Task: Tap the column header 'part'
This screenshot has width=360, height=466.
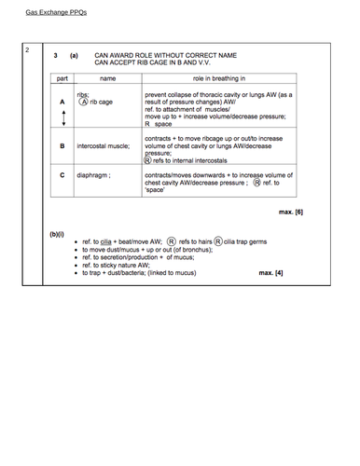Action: [x=62, y=79]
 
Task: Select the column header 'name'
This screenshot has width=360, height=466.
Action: [x=107, y=79]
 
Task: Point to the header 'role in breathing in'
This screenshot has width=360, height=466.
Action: [x=219, y=79]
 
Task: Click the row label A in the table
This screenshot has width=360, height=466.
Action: [x=62, y=101]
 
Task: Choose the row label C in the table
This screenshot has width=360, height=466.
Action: [x=62, y=174]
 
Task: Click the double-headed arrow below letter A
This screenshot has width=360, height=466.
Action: [x=62, y=116]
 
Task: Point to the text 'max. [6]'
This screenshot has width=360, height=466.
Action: [x=291, y=212]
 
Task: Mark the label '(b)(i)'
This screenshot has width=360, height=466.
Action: [x=56, y=234]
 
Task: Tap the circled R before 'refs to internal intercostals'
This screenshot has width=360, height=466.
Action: [x=148, y=159]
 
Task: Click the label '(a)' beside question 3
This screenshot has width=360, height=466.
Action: [x=74, y=55]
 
